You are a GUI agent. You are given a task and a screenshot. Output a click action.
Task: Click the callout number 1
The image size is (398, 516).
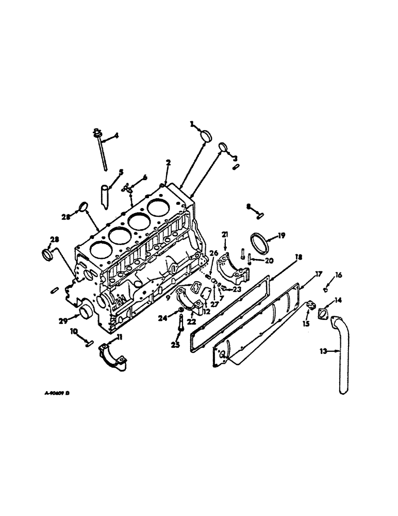click(191, 124)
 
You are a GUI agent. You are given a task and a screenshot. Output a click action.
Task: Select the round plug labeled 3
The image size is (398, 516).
click(222, 148)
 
